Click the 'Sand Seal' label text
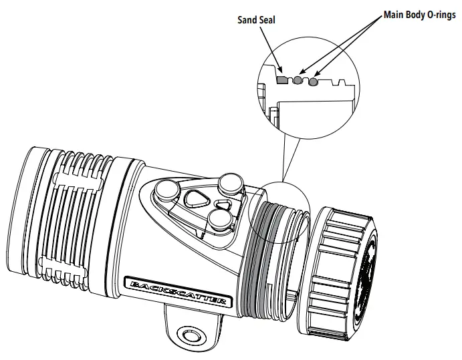click(x=256, y=20)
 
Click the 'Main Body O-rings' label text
click(x=419, y=14)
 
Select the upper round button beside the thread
click(x=230, y=182)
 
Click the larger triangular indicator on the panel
click(x=197, y=198)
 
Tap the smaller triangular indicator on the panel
click(x=223, y=204)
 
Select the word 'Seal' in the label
click(x=265, y=20)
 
